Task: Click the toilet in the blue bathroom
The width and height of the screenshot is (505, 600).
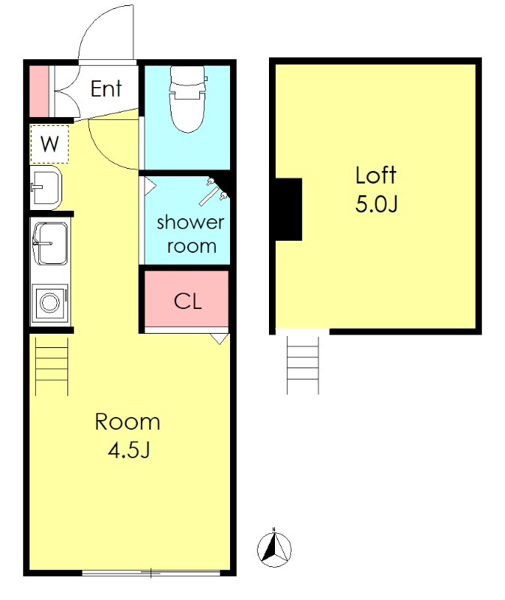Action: click(189, 99)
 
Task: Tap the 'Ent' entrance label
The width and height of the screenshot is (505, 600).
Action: click(106, 88)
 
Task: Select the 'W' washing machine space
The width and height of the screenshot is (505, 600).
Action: click(49, 144)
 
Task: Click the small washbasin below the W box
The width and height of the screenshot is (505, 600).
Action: click(46, 187)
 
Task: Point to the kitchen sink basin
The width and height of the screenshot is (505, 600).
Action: click(50, 243)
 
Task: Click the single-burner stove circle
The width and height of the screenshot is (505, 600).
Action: click(50, 302)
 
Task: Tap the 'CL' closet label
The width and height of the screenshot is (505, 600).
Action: click(188, 301)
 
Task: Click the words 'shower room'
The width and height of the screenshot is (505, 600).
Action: click(190, 234)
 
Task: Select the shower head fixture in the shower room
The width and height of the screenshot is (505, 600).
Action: click(214, 191)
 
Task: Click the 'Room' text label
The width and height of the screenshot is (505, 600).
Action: click(127, 422)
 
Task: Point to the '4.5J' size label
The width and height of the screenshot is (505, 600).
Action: click(128, 450)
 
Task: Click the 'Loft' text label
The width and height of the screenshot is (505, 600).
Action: click(376, 175)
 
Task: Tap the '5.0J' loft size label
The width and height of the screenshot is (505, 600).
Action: click(377, 204)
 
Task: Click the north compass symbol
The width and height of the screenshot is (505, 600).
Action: click(274, 549)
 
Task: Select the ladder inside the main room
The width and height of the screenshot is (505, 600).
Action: click(52, 366)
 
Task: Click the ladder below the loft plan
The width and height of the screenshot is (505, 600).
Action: click(303, 365)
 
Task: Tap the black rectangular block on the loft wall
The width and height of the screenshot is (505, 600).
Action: click(288, 209)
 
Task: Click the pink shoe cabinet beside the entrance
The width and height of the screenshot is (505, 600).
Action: click(39, 91)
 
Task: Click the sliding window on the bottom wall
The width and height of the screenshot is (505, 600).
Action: click(151, 573)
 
